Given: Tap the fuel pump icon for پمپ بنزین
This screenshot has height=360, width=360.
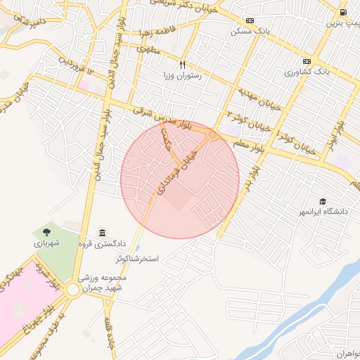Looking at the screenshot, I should coord(342,12).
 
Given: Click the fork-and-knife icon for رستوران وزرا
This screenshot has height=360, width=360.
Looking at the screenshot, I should coord(182,64).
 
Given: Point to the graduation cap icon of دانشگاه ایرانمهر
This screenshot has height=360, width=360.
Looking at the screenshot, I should coord(322,201).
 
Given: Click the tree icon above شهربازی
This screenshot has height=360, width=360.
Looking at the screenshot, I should coord(46,231).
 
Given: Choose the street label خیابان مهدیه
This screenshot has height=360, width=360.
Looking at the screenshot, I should coord(262,96).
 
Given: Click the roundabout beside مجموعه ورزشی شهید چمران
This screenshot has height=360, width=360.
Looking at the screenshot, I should coord(73,290).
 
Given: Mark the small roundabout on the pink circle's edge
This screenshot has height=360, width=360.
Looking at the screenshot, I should coord(212,134).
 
